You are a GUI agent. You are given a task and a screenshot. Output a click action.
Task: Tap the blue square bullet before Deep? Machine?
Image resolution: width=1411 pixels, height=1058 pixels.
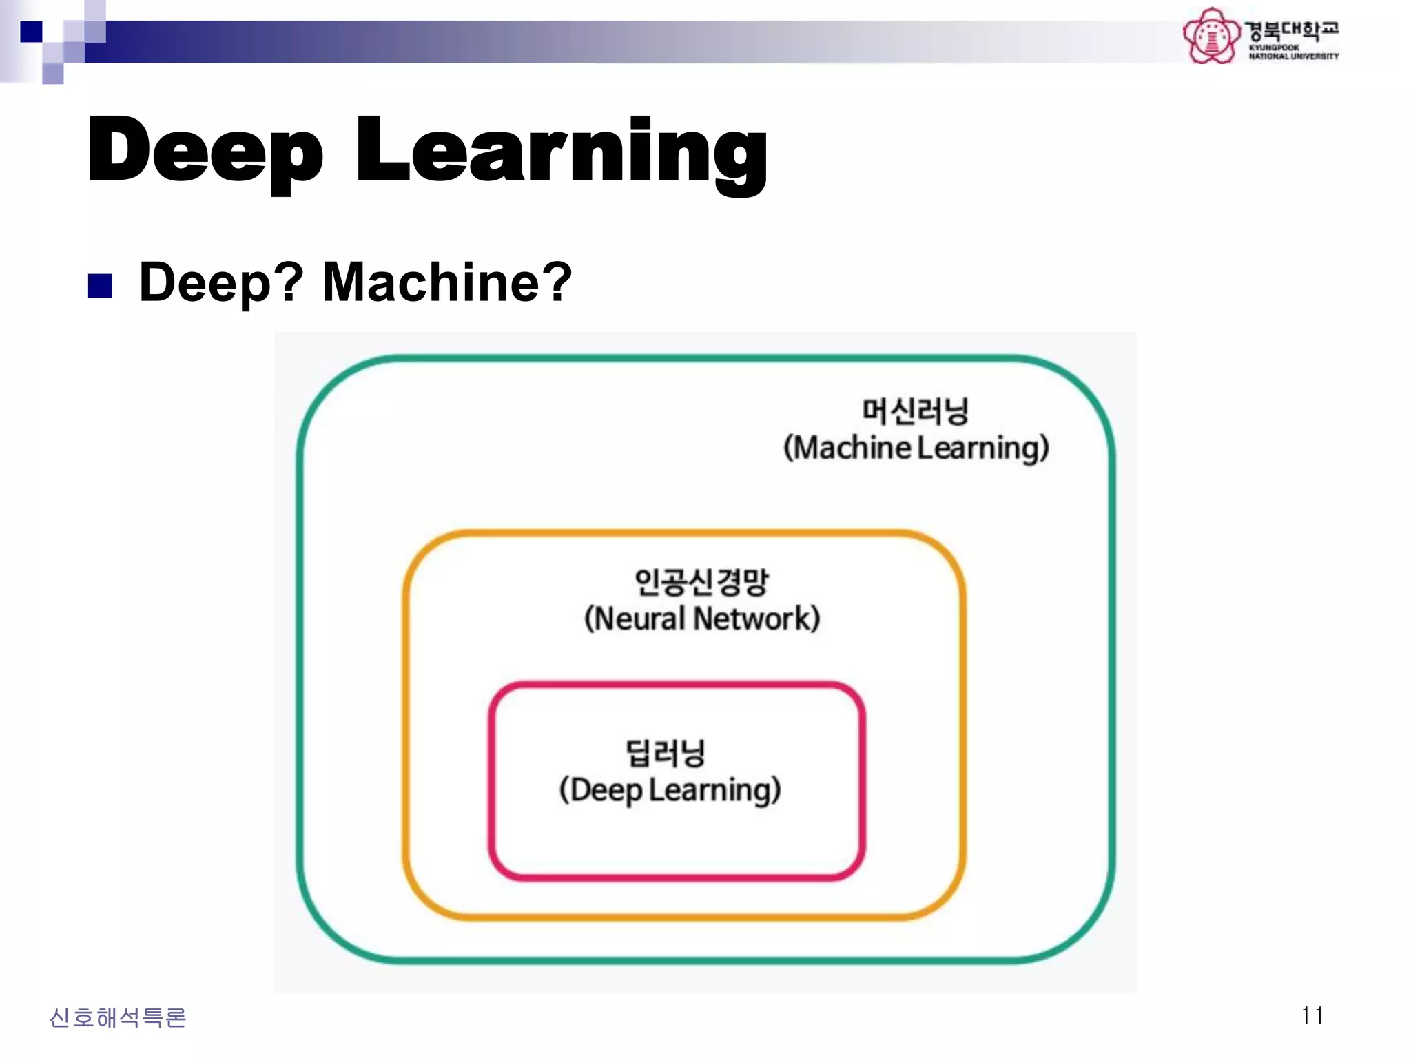(101, 286)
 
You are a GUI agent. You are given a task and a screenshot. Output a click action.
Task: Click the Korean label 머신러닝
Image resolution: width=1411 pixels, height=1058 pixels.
(915, 411)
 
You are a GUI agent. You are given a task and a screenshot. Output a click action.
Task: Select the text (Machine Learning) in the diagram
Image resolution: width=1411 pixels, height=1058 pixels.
(916, 448)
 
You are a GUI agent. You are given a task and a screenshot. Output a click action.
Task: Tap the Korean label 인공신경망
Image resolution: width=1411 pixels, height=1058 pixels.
(701, 582)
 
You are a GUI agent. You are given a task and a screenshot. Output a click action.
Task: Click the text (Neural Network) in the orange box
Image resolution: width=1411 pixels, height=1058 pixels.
(701, 619)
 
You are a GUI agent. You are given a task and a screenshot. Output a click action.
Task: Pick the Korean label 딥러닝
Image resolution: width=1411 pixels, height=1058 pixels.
(666, 753)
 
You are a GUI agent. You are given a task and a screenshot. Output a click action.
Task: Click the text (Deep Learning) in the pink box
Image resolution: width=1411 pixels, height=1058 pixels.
(670, 790)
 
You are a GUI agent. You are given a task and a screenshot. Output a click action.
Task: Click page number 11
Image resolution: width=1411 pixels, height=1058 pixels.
(1312, 1015)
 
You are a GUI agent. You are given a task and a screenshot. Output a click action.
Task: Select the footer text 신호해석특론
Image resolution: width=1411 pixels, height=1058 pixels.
(118, 1017)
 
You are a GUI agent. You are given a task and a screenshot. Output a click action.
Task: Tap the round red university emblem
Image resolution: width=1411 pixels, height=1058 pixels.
(1211, 36)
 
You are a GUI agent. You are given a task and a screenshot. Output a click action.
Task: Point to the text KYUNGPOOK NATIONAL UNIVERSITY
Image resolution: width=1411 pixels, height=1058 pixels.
(1292, 52)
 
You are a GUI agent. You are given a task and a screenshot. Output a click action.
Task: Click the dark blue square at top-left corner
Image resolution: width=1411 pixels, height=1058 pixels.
(31, 32)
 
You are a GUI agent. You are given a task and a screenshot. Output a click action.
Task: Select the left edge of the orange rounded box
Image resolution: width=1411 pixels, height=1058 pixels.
(406, 723)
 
